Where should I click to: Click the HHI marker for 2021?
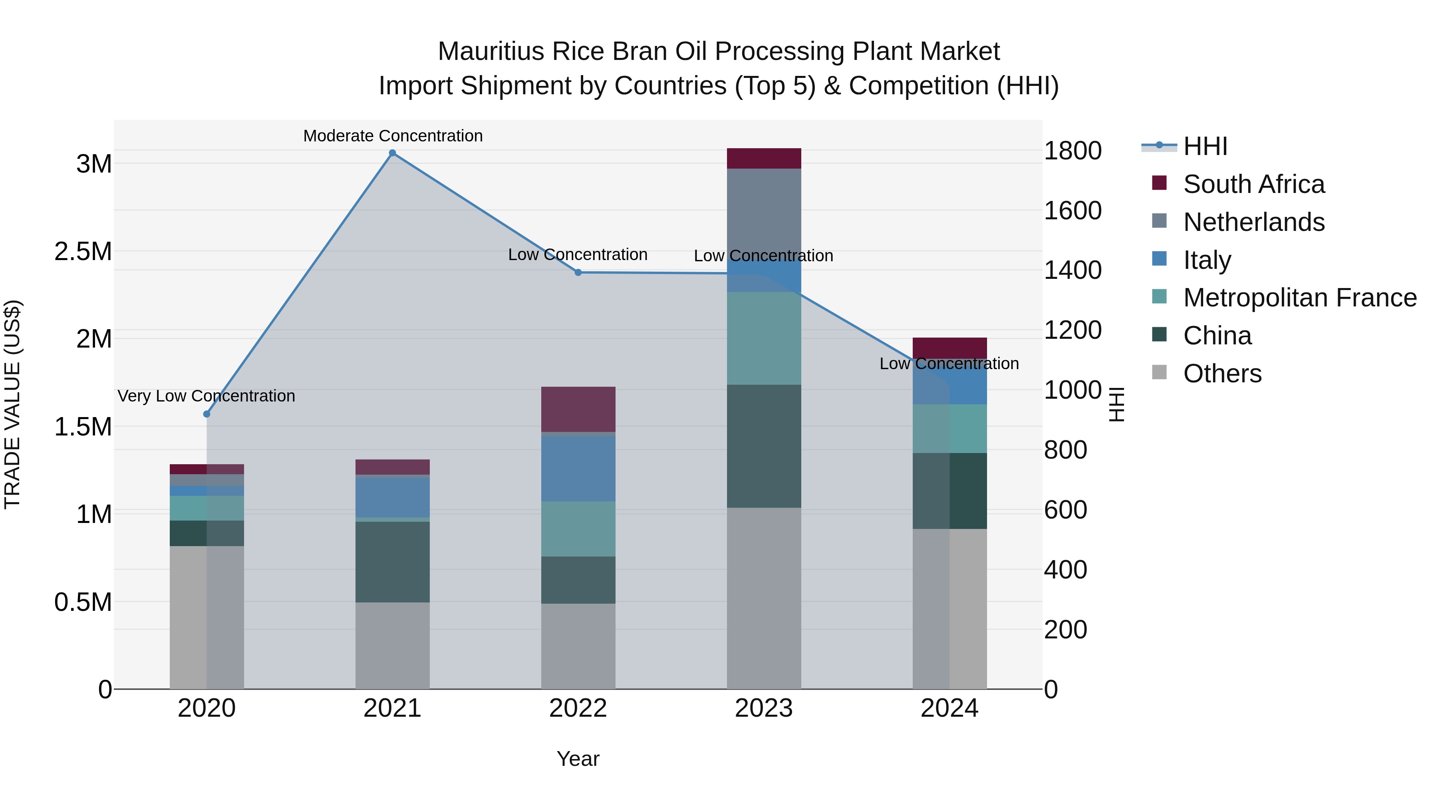click(392, 153)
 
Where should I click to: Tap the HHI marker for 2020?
click(207, 414)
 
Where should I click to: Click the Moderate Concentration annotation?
click(392, 136)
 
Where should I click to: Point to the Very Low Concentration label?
click(206, 396)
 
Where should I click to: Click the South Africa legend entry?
click(1253, 184)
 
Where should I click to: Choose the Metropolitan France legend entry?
click(1299, 298)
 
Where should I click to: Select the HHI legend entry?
click(1205, 146)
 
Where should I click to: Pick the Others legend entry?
click(1222, 374)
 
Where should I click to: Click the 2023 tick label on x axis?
click(764, 708)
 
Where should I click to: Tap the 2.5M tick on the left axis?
click(83, 252)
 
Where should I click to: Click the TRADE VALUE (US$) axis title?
click(12, 404)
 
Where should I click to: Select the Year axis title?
click(578, 759)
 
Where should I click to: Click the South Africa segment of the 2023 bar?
click(764, 159)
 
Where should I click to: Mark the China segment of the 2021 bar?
click(392, 562)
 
